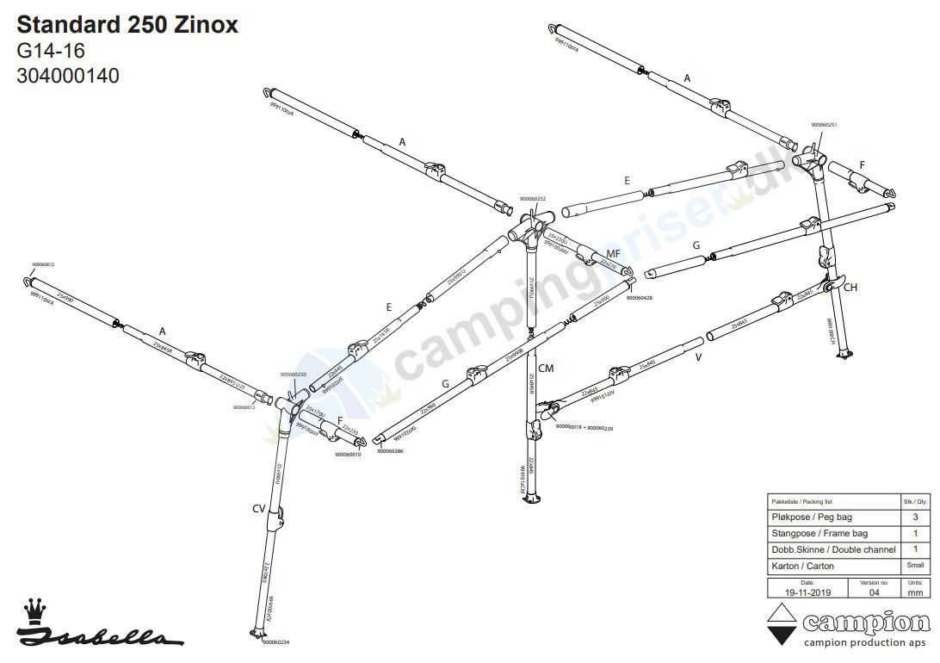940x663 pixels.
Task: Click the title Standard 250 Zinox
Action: pyautogui.click(x=127, y=25)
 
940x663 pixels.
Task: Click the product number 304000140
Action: pyautogui.click(x=68, y=76)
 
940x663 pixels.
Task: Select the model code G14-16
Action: pyautogui.click(x=51, y=51)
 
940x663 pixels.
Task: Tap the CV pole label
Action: pyautogui.click(x=258, y=509)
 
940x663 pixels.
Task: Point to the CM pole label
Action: pyautogui.click(x=546, y=369)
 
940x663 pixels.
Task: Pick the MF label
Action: pyautogui.click(x=613, y=253)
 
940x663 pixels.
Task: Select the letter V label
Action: pyautogui.click(x=698, y=356)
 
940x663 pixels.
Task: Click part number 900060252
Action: pyautogui.click(x=533, y=199)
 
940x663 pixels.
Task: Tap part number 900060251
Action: pyautogui.click(x=824, y=125)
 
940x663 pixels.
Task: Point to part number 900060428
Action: pyautogui.click(x=639, y=298)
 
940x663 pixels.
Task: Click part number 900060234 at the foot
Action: pyautogui.click(x=275, y=642)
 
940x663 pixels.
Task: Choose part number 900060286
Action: pyautogui.click(x=388, y=450)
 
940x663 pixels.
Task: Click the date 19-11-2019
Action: pyautogui.click(x=801, y=593)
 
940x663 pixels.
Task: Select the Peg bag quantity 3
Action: pyautogui.click(x=915, y=517)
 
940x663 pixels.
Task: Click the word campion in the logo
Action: pyautogui.click(x=866, y=622)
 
